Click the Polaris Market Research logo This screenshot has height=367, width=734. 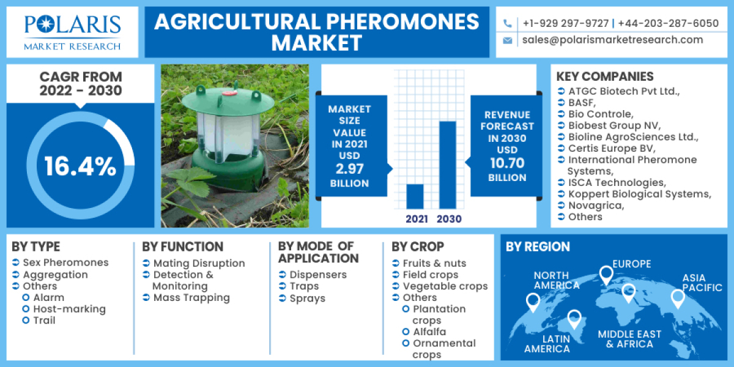[x=72, y=31]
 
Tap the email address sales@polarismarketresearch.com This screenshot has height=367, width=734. [x=612, y=40]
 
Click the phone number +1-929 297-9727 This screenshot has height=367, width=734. [x=565, y=23]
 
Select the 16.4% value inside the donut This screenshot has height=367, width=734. [x=80, y=166]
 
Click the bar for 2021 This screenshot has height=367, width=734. [x=415, y=196]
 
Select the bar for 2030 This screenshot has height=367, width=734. [x=448, y=165]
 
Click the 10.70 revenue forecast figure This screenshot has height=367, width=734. [x=507, y=164]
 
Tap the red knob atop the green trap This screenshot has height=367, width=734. [x=229, y=94]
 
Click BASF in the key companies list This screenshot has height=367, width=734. [x=581, y=103]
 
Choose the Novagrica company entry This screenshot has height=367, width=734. [x=596, y=206]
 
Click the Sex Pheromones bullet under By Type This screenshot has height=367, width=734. [x=65, y=262]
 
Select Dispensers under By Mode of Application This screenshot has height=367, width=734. [x=318, y=275]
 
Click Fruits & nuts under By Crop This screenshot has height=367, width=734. [x=434, y=263]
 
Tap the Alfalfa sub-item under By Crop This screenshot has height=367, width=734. [x=429, y=332]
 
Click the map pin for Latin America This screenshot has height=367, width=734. [x=574, y=318]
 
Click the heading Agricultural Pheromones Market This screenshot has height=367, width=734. [x=316, y=32]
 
